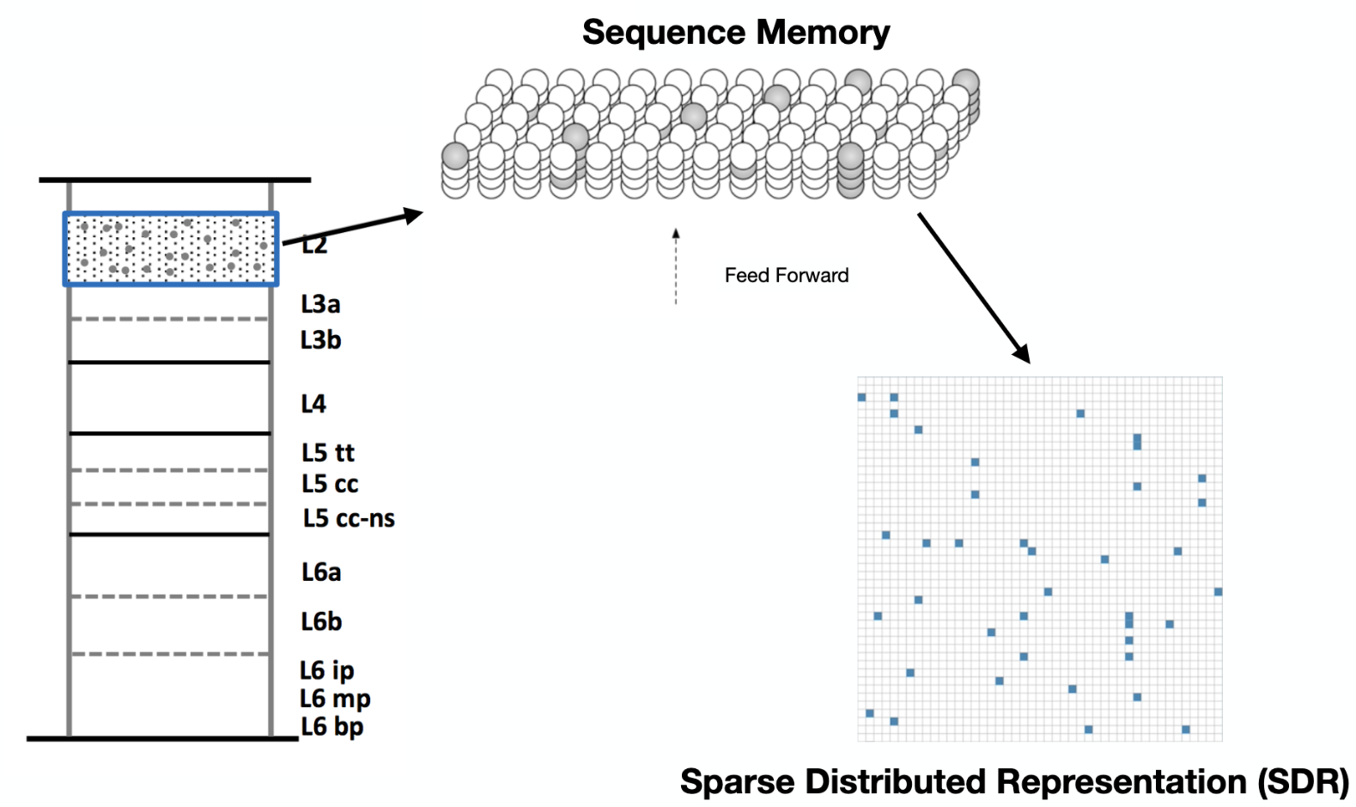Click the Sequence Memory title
pyautogui.click(x=736, y=33)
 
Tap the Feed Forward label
pyautogui.click(x=786, y=276)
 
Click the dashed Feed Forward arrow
pyautogui.click(x=676, y=266)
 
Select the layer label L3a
pyautogui.click(x=320, y=304)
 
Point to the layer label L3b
pyautogui.click(x=320, y=340)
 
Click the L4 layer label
pyautogui.click(x=313, y=404)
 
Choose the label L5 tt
pyautogui.click(x=327, y=453)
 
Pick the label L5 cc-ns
pyautogui.click(x=348, y=518)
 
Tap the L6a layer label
pyautogui.click(x=320, y=572)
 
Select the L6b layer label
pyautogui.click(x=321, y=621)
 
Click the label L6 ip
pyautogui.click(x=326, y=670)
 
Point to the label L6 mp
pyautogui.click(x=335, y=699)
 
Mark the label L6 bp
pyautogui.click(x=331, y=727)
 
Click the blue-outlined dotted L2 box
pyautogui.click(x=171, y=249)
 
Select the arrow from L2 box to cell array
pyautogui.click(x=352, y=228)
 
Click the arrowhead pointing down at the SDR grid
pyautogui.click(x=1021, y=353)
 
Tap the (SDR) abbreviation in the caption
pyautogui.click(x=1303, y=782)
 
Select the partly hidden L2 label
pyautogui.click(x=315, y=246)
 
